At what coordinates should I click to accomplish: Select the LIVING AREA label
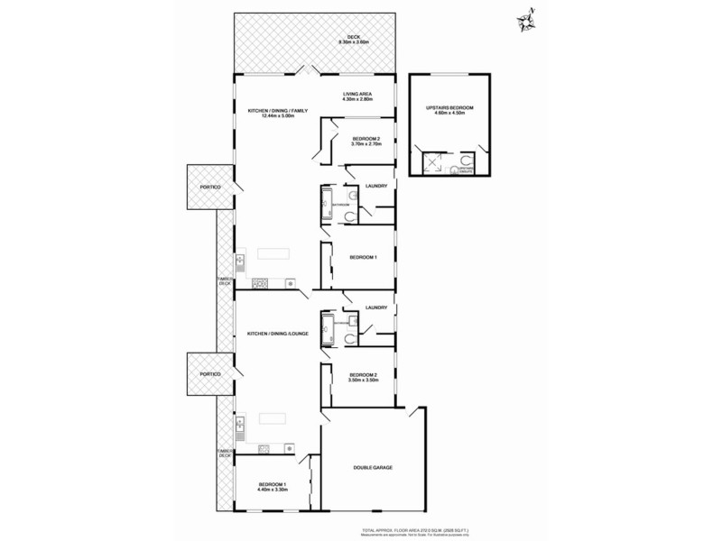pyautogui.click(x=357, y=95)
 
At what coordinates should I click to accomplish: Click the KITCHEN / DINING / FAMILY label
pyautogui.click(x=278, y=110)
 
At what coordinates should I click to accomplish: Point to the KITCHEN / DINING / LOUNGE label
pyautogui.click(x=278, y=335)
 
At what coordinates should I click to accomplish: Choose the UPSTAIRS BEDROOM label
pyautogui.click(x=449, y=108)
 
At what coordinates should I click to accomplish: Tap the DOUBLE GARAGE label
pyautogui.click(x=372, y=467)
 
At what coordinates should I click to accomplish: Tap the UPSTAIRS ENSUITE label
pyautogui.click(x=466, y=169)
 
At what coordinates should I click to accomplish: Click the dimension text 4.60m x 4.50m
pyautogui.click(x=449, y=114)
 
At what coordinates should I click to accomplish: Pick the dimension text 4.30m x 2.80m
pyautogui.click(x=357, y=99)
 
